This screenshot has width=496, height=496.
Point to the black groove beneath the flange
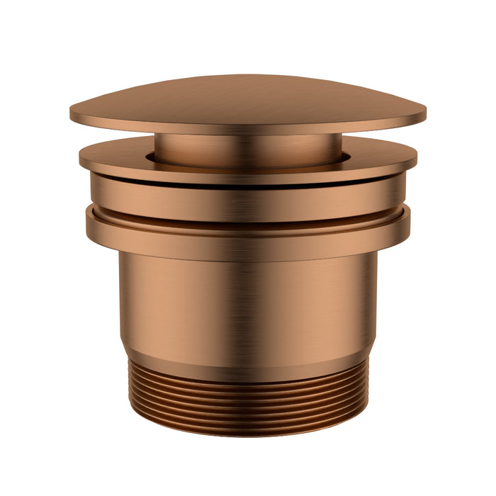point(248,182)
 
